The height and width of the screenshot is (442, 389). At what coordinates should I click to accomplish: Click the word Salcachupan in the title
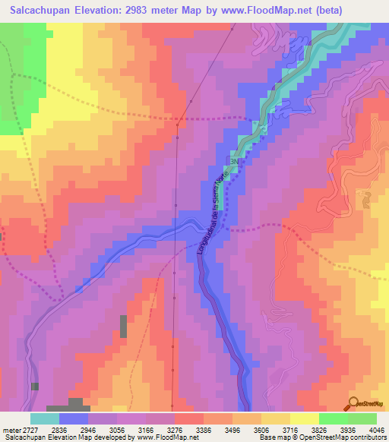(36, 11)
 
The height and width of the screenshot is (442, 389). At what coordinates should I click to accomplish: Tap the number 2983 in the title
(141, 11)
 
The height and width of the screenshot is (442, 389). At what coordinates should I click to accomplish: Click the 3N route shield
(235, 163)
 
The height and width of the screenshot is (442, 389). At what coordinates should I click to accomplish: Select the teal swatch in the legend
(45, 418)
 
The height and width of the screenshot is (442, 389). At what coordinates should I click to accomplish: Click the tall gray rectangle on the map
(123, 327)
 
